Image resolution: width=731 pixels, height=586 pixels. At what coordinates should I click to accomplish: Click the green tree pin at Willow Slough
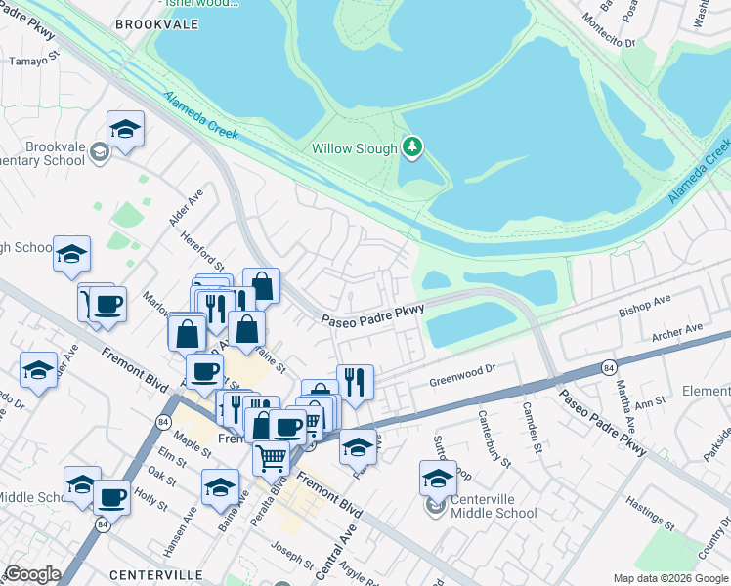click(412, 147)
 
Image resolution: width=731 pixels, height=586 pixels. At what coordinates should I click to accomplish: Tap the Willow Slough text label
click(354, 149)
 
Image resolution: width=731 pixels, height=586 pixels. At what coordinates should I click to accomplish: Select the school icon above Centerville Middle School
click(438, 479)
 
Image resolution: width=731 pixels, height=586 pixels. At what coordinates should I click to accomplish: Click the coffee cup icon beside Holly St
click(111, 497)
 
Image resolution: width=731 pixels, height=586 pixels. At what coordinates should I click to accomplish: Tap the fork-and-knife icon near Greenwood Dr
click(355, 381)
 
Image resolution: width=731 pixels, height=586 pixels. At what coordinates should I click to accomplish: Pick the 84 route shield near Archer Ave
click(608, 367)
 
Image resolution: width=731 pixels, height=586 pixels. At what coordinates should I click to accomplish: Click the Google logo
click(32, 574)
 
